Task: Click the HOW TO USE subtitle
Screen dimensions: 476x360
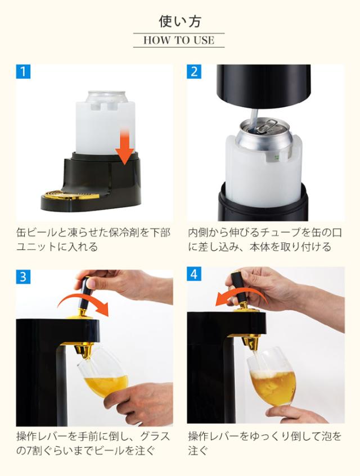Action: click(179, 40)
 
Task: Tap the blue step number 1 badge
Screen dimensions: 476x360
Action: click(22, 72)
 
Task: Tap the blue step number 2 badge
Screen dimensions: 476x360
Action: click(195, 72)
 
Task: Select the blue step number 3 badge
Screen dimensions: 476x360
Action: click(22, 276)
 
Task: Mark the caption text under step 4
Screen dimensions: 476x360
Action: click(264, 443)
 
